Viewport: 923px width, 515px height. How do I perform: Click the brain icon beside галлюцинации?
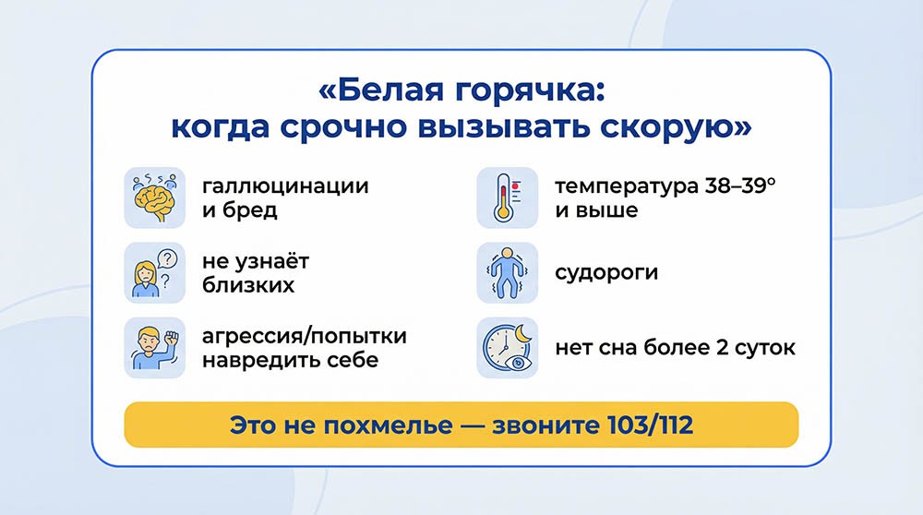click(x=155, y=198)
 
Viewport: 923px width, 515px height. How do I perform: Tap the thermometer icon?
click(x=506, y=198)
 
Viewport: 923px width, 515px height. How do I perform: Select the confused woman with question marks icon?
click(x=155, y=273)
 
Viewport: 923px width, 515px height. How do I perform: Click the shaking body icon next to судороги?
click(x=506, y=273)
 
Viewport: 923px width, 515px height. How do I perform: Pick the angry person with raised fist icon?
click(x=155, y=347)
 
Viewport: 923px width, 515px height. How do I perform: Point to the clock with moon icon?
click(x=506, y=347)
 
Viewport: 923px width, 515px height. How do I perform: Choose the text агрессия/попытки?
click(x=304, y=335)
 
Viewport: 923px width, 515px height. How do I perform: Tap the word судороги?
click(x=606, y=273)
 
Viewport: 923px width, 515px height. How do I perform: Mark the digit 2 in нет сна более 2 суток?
click(x=733, y=348)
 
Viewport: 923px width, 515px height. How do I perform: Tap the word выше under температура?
click(x=606, y=210)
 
